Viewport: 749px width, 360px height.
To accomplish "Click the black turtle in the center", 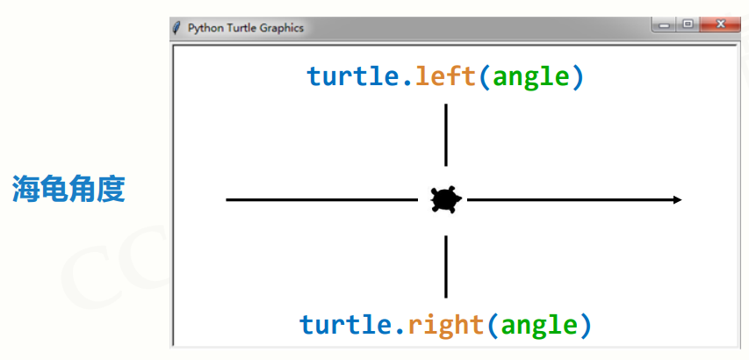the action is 446,200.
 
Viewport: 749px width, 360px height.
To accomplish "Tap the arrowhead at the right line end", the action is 677,200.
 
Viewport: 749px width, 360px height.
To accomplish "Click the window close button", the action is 719,25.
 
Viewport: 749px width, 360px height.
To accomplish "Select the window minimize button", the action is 665,25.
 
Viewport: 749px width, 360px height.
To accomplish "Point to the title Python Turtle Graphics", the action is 245,28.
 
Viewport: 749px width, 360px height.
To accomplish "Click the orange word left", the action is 446,76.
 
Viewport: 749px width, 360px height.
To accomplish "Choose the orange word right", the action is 445,325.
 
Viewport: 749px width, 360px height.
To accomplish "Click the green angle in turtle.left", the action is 531,77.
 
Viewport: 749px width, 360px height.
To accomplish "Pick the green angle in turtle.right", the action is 538,326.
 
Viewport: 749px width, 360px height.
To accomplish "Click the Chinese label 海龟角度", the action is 68,190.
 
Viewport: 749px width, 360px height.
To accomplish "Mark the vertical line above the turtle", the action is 446,134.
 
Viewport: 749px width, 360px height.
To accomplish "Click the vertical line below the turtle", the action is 446,266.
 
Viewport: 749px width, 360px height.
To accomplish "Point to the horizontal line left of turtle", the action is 321,200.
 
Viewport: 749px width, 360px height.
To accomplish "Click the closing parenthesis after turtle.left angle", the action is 577,77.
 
